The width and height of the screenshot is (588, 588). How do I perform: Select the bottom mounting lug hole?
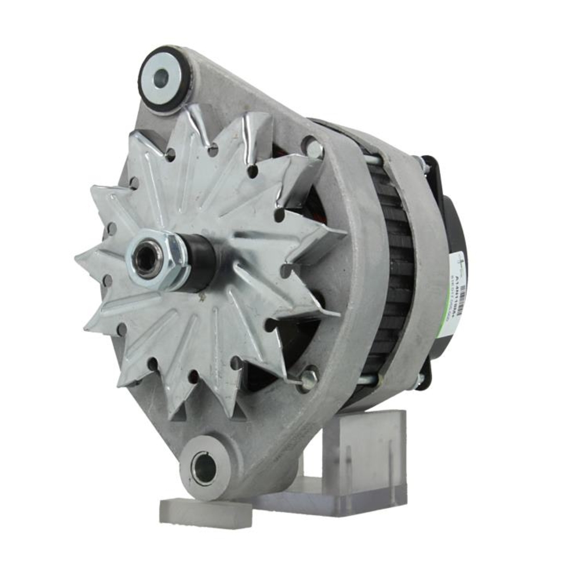[205, 468]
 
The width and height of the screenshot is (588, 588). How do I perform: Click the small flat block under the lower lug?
[205, 512]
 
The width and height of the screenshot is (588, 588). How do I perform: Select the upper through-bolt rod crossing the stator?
[382, 158]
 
